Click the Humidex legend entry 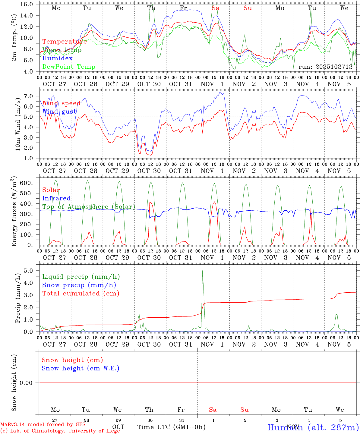[57, 58]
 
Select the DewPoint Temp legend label [69, 67]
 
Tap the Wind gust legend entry [59, 112]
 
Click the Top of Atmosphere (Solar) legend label [89, 207]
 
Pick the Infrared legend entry [56, 198]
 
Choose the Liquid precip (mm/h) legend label [81, 277]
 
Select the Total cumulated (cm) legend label [81, 294]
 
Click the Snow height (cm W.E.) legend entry [81, 368]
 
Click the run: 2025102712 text [325, 67]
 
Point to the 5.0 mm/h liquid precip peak [202, 271]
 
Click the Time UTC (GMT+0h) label [171, 427]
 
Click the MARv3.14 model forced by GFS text [43, 425]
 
